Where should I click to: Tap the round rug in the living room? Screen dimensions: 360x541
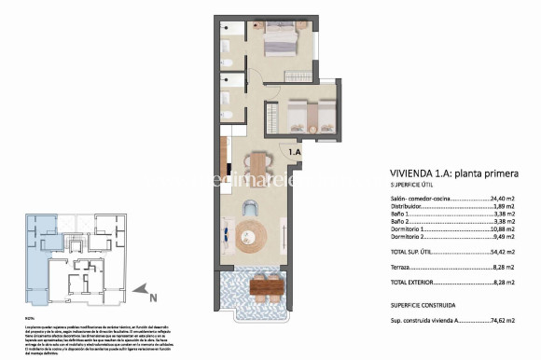[250, 232]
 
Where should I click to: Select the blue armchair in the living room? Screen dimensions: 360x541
[250, 207]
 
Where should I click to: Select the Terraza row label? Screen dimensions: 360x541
[401, 266]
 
